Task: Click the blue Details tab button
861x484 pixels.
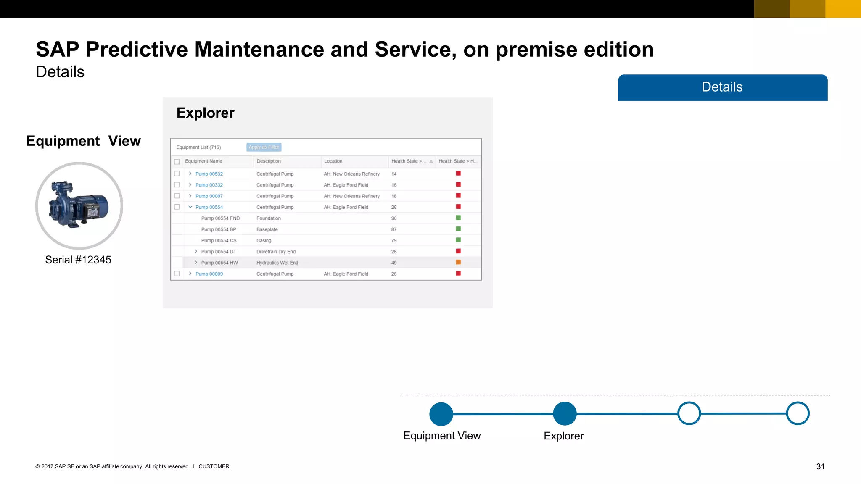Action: (x=722, y=87)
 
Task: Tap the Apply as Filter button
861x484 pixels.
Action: (x=264, y=147)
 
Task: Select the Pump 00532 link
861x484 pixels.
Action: (x=209, y=174)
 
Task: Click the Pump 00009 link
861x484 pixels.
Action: (x=209, y=274)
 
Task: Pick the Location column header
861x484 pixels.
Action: (x=333, y=161)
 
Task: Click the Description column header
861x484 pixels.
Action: (x=269, y=161)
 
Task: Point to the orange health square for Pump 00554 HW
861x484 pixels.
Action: (x=458, y=262)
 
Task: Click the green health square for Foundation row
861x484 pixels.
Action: (x=458, y=218)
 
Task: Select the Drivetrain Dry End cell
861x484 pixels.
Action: (x=276, y=252)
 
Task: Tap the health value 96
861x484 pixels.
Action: (x=394, y=218)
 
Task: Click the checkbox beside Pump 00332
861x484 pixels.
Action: (x=177, y=185)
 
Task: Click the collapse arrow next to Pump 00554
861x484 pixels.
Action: (x=190, y=207)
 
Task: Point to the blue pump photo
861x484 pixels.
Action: (x=79, y=205)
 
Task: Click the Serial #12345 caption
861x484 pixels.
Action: (x=78, y=260)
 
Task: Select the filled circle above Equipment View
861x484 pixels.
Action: (x=441, y=414)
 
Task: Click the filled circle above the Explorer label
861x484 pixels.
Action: (x=564, y=414)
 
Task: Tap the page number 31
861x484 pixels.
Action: (x=820, y=467)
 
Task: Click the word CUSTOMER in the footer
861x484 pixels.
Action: (x=214, y=466)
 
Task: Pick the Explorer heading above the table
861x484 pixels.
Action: (x=205, y=113)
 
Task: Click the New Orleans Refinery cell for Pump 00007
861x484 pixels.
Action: (x=351, y=196)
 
